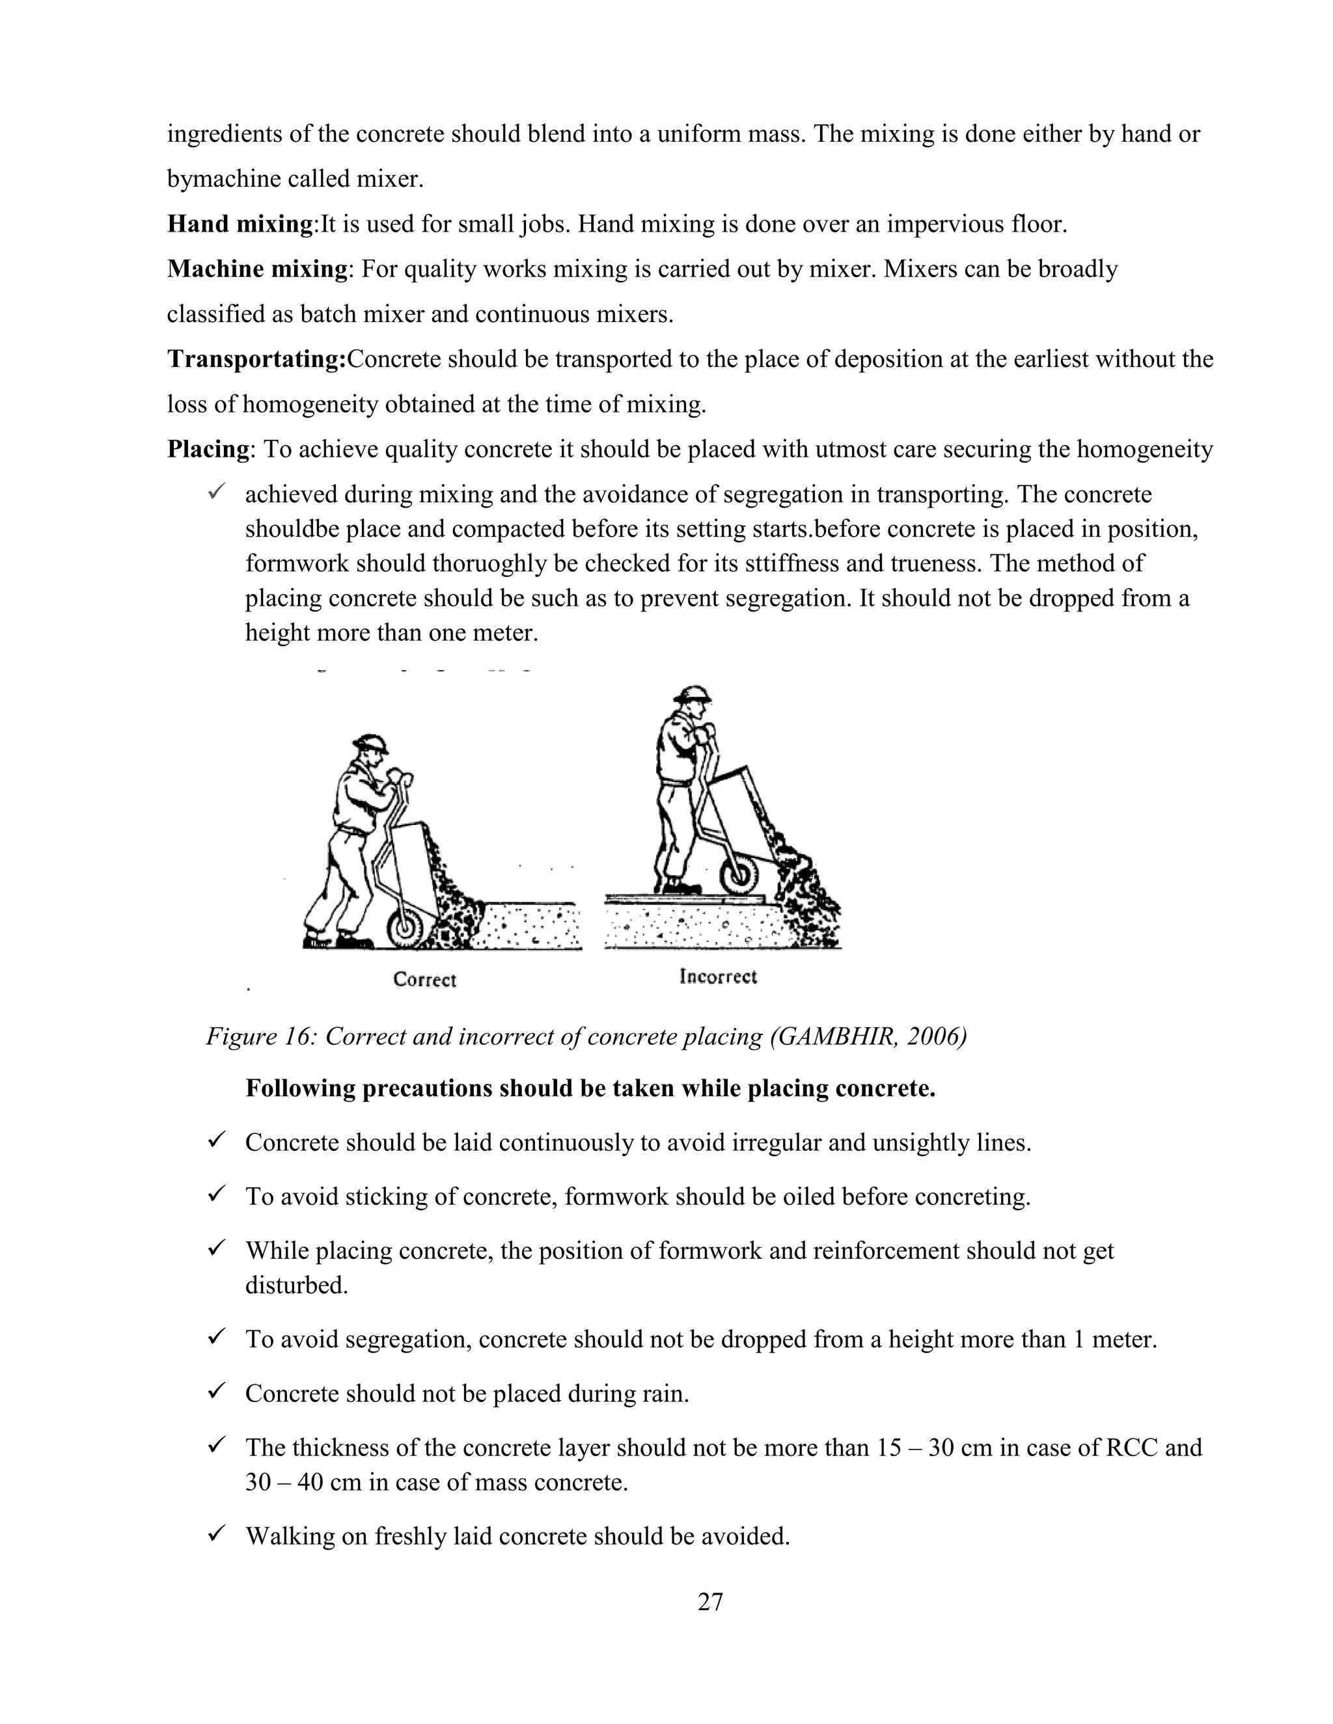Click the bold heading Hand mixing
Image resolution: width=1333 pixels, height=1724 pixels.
click(240, 224)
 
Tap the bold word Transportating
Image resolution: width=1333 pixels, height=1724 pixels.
click(256, 359)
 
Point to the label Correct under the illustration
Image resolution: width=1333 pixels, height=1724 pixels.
click(425, 980)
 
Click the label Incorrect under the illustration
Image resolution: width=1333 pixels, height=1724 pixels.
click(718, 976)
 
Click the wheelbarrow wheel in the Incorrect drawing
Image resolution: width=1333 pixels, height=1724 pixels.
click(739, 876)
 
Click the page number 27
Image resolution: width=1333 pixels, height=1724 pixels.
click(710, 1602)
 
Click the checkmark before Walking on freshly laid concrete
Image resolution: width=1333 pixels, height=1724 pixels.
click(216, 1534)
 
